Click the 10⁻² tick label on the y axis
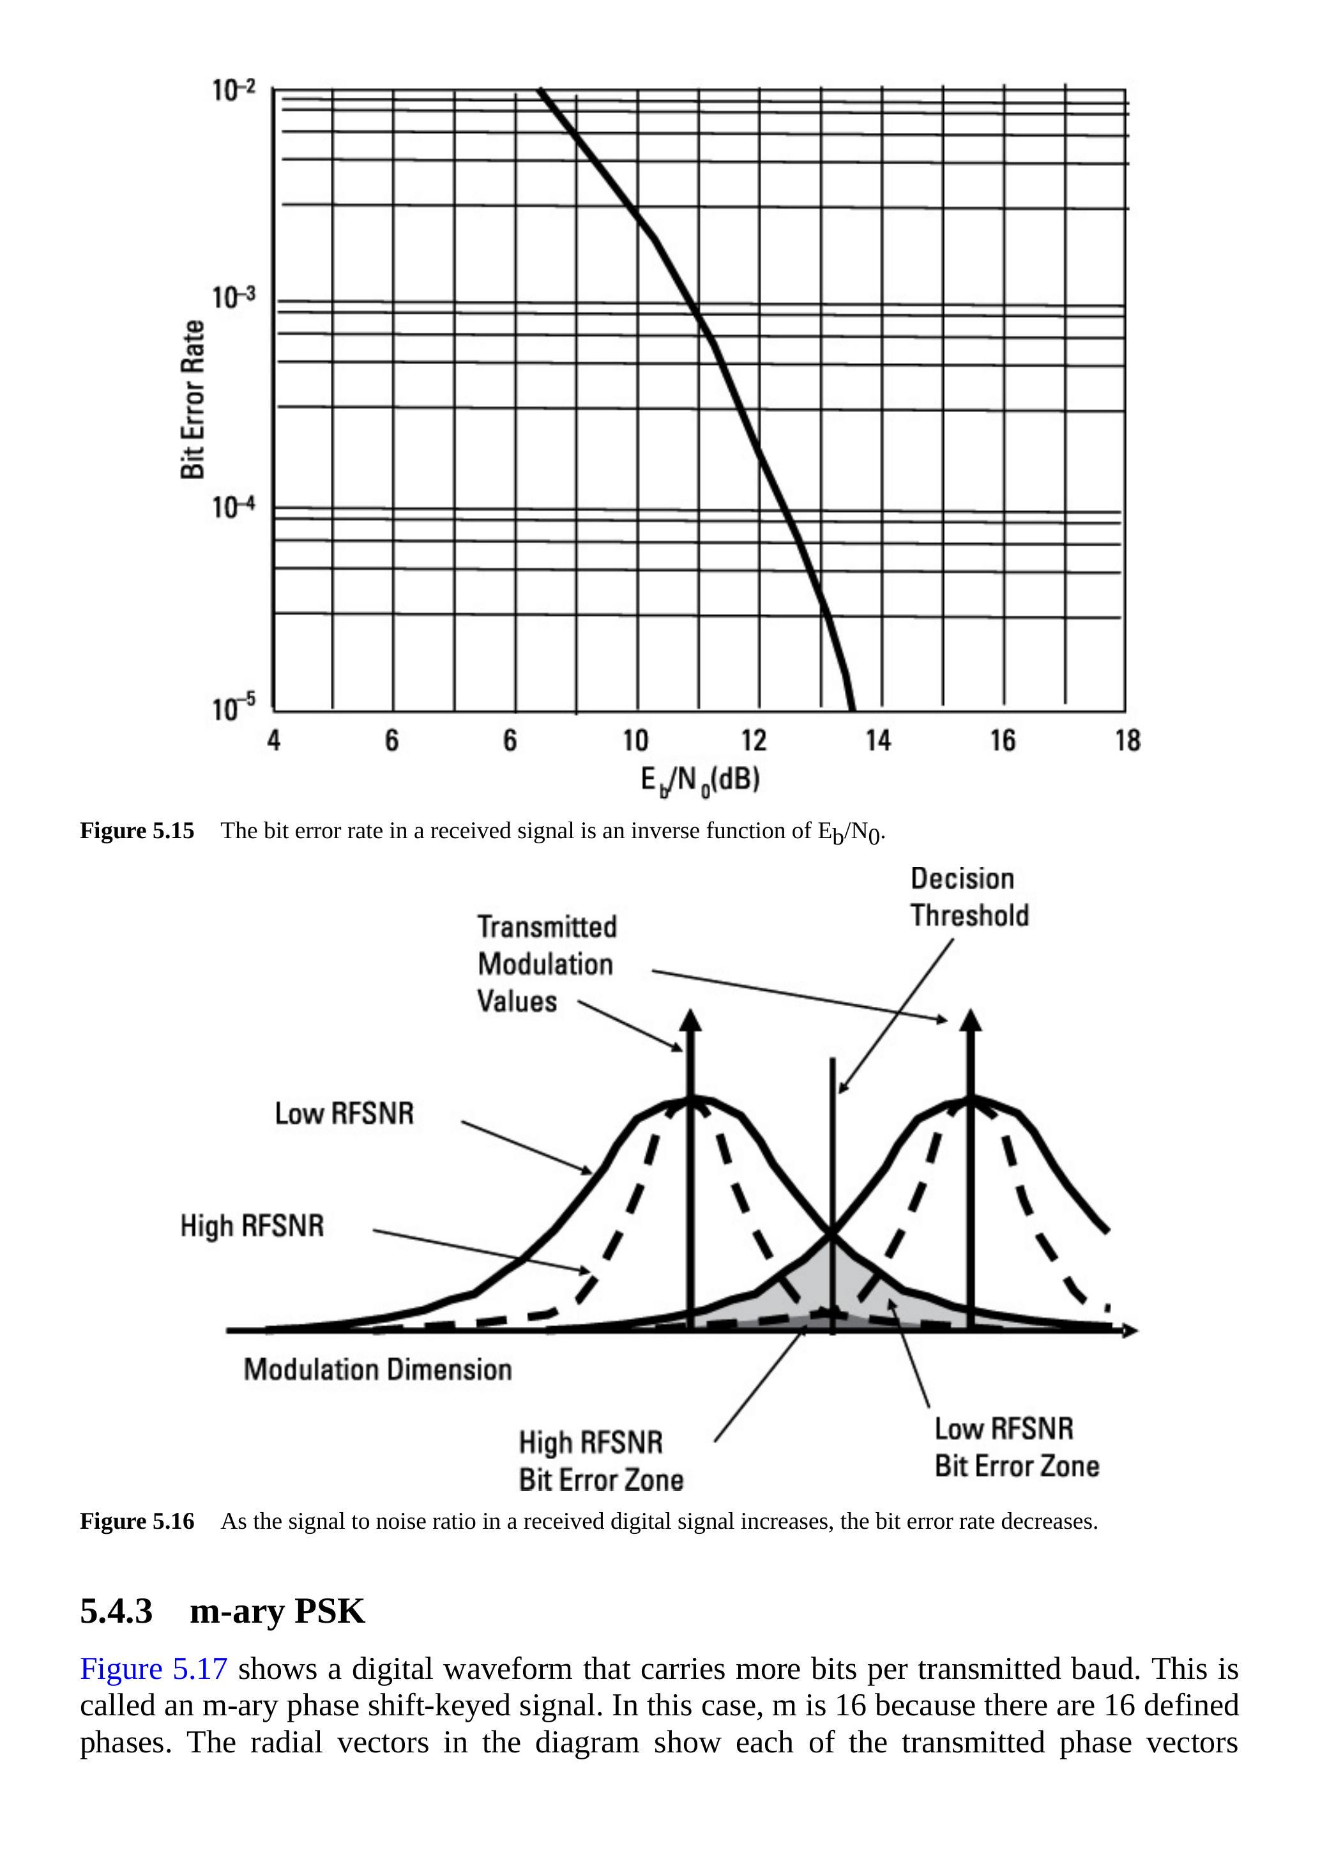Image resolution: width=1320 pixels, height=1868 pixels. pos(234,89)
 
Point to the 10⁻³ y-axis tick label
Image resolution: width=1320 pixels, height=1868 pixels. pos(234,298)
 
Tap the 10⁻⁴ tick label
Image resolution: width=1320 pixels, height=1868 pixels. pos(234,507)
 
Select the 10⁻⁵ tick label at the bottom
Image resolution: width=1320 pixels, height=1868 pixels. pos(234,708)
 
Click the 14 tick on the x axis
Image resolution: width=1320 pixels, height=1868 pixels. pos(878,740)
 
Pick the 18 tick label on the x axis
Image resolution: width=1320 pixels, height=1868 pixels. pos(1127,740)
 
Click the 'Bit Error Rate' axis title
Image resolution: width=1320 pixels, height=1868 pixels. pos(193,399)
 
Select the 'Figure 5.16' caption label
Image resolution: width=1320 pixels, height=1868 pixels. pos(137,1520)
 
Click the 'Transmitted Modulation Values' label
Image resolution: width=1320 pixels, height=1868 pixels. pos(547,963)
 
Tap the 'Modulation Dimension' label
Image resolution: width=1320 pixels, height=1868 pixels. pos(377,1369)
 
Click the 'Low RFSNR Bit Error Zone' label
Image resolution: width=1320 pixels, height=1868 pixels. pos(1016,1448)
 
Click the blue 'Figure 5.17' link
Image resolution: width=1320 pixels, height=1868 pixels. pos(154,1669)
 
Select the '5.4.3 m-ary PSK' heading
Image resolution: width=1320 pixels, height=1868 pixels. pos(222,1611)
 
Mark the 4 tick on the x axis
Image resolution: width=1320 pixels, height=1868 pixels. pos(274,740)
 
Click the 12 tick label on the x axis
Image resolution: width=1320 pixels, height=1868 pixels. pos(754,740)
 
